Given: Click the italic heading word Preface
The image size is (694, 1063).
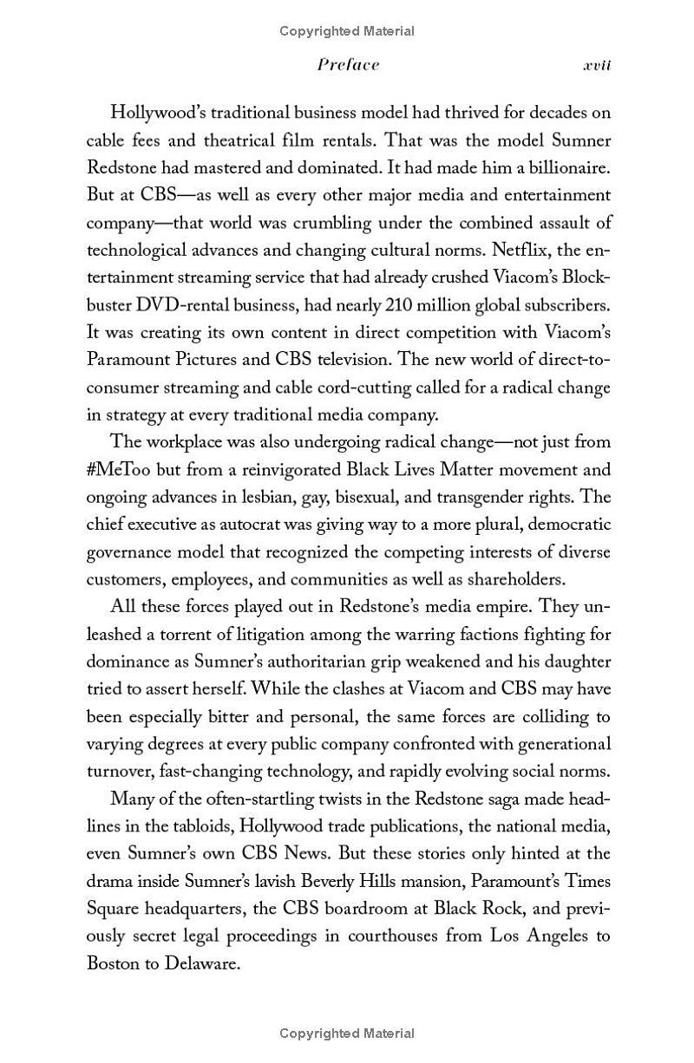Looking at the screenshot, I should tap(348, 65).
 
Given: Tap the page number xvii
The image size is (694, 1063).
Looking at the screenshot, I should tap(596, 65).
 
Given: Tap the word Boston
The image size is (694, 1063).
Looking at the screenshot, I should tap(115, 963).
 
